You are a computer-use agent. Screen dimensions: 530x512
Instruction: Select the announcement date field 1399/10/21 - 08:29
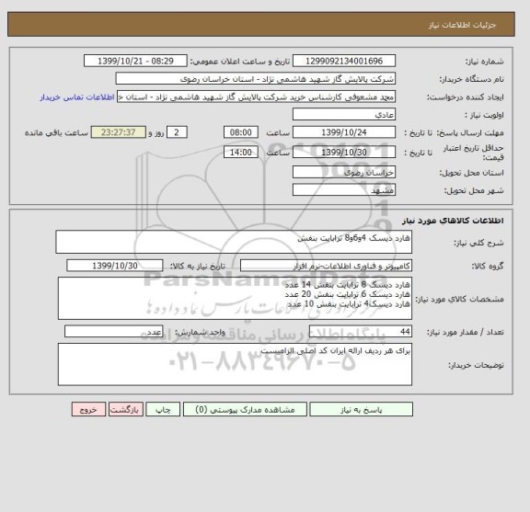coord(142,61)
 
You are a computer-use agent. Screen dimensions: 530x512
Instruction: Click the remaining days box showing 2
coord(179,132)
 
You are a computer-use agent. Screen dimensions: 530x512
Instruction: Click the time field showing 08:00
coord(240,132)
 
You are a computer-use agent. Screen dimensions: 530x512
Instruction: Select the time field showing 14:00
coord(240,152)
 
